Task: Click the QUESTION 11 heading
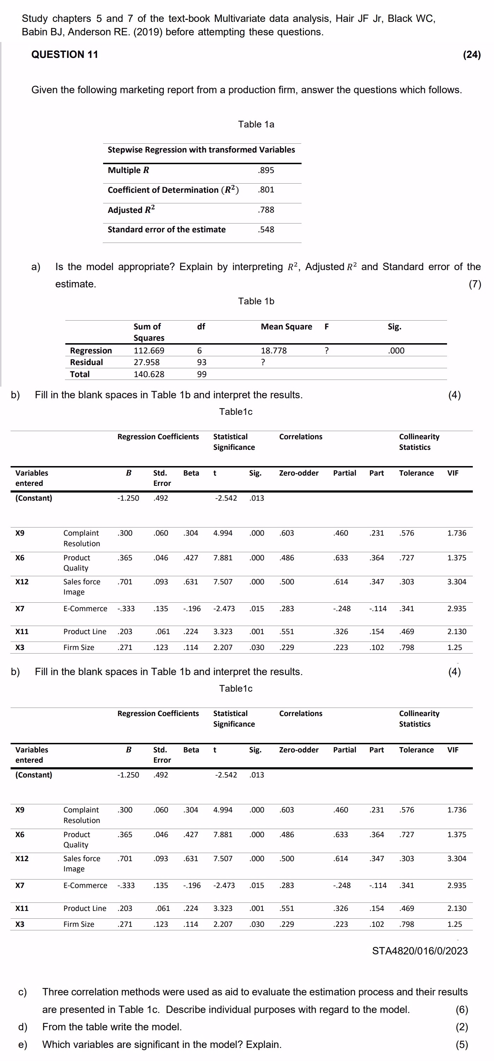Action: pos(65,54)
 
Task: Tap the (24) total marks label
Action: pos(472,54)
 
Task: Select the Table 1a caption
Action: pos(256,124)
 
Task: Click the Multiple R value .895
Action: pos(266,170)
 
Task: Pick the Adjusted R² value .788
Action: pos(266,210)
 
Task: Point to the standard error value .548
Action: pos(266,230)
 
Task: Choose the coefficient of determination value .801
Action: pos(266,190)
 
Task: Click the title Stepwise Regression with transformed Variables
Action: pos(201,149)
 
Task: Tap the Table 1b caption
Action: pos(256,301)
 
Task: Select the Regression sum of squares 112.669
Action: pos(149,351)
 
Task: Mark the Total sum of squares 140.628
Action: pos(149,374)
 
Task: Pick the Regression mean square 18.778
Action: pos(274,351)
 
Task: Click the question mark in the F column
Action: pos(326,351)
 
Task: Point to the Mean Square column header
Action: pos(286,327)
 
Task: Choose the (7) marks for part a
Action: pos(475,284)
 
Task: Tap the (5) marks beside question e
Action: pos(462,1044)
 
